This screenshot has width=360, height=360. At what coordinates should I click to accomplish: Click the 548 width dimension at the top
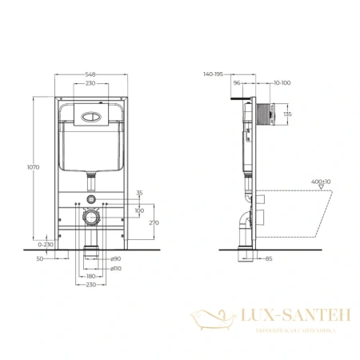click(92, 74)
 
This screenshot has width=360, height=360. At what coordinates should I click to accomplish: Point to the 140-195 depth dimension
click(212, 73)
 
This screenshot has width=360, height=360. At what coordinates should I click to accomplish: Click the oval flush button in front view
click(92, 113)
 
